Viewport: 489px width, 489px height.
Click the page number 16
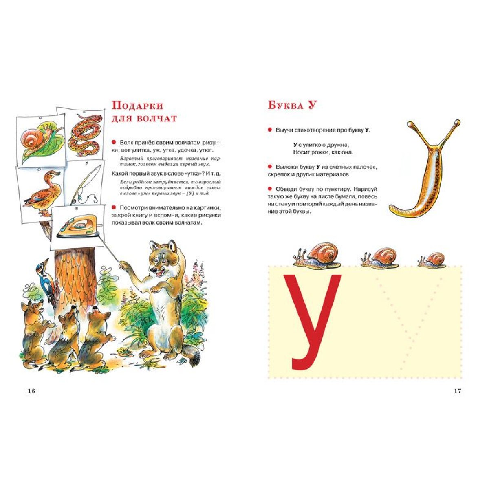[x=31, y=391]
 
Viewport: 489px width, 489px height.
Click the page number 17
[x=457, y=391]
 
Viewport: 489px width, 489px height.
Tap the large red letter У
[x=313, y=322]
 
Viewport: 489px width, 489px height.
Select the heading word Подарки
[x=138, y=105]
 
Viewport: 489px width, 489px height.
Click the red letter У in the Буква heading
[x=312, y=105]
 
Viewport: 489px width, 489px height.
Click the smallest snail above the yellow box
[x=432, y=260]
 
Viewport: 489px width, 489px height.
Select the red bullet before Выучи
[x=270, y=130]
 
